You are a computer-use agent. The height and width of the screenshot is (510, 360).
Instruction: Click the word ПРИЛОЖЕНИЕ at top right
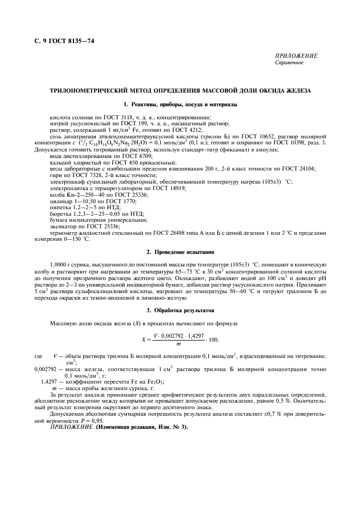pyautogui.click(x=296, y=56)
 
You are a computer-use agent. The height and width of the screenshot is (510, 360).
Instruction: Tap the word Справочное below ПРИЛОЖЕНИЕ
pyautogui.click(x=289, y=63)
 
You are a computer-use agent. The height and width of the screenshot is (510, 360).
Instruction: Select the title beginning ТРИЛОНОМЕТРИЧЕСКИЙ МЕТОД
pyautogui.click(x=180, y=90)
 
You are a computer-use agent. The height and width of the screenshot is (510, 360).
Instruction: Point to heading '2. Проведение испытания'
pyautogui.click(x=180, y=252)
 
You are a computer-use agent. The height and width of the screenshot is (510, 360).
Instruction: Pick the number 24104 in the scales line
pyautogui.click(x=307, y=169)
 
